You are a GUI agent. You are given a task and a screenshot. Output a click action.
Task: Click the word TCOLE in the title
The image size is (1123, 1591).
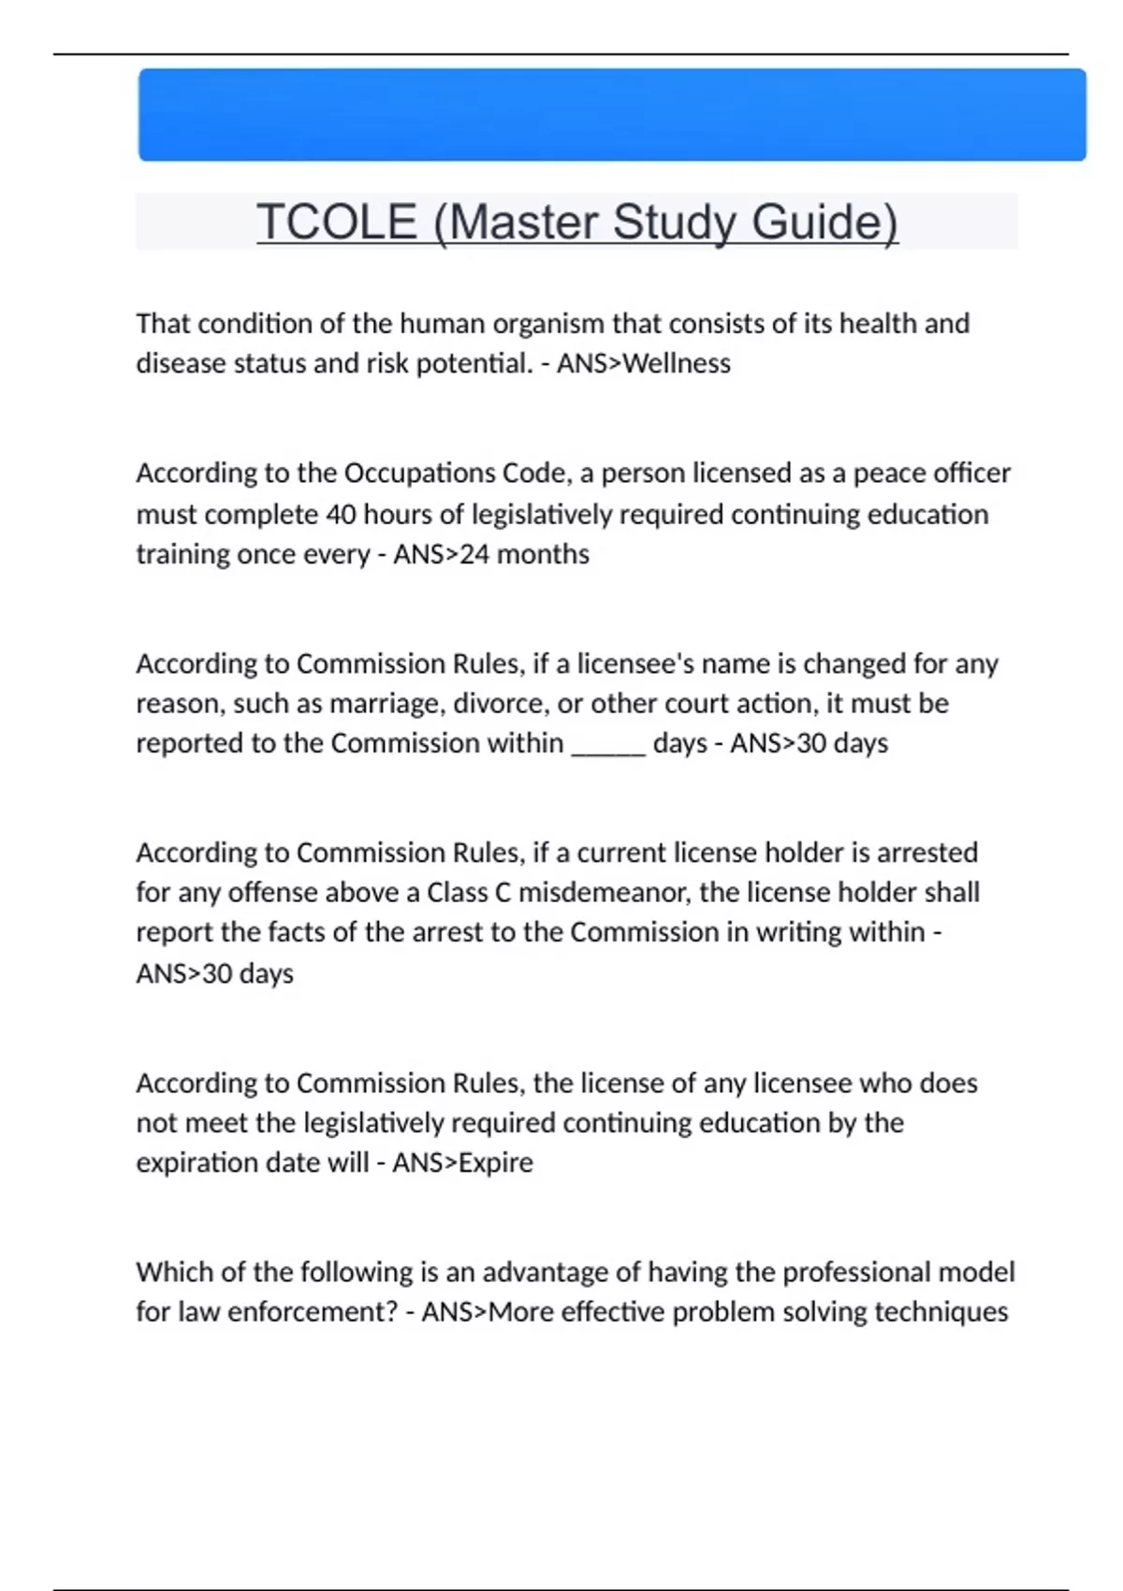[337, 222]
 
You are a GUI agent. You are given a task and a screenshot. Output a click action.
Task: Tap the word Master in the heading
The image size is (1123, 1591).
[523, 222]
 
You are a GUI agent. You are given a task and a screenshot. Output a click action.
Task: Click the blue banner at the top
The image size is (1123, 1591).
[612, 114]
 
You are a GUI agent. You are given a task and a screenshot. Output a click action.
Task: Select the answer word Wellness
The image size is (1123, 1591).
[677, 363]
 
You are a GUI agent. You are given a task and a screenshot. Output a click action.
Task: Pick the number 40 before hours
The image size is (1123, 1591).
[341, 515]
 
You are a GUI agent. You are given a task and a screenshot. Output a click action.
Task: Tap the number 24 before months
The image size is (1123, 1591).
[474, 554]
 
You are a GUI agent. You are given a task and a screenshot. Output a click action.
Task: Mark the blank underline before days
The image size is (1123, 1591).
[608, 745]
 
